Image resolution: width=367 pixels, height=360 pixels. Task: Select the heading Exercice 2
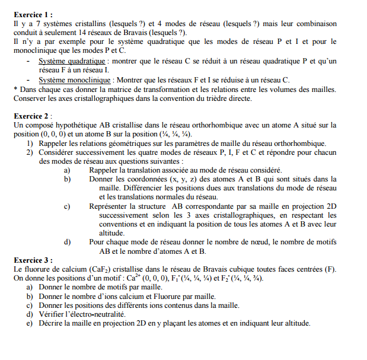coord(31,116)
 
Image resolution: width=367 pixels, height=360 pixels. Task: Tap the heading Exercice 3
coord(31,259)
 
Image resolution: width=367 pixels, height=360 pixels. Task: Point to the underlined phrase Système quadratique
coord(72,61)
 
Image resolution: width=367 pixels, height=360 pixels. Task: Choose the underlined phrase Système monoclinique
coord(75,79)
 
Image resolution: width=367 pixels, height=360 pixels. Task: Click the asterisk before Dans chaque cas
coord(15,89)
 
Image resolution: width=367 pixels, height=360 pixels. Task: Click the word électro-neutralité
coord(98,314)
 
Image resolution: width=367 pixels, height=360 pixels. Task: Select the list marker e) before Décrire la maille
coord(29,323)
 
